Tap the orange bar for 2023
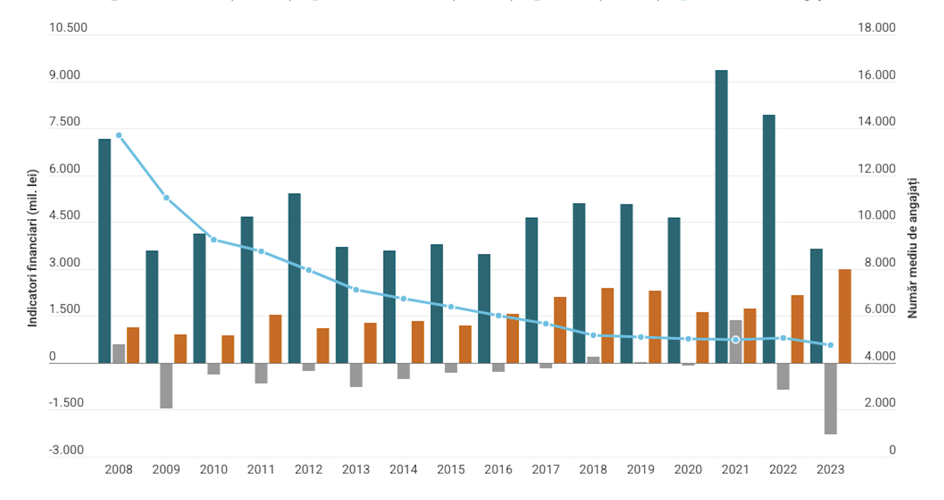845,316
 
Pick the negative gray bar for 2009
166,385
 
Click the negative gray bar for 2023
831,398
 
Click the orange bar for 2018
607,325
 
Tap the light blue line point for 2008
119,135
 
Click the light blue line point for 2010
214,240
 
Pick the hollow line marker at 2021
736,340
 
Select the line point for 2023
831,345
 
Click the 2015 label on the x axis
450,470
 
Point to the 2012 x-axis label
308,470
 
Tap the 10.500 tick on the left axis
68,28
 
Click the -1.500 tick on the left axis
66,403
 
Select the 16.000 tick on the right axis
876,75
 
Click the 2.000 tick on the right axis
879,403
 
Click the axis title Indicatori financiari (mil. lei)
33,248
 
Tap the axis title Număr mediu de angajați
912,248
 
